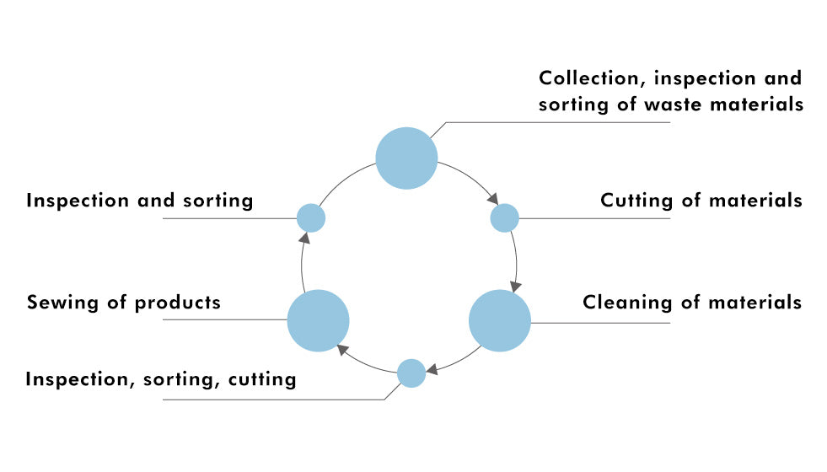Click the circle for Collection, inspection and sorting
pyautogui.click(x=406, y=158)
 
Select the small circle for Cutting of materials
pyautogui.click(x=504, y=218)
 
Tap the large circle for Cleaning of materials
pyautogui.click(x=499, y=320)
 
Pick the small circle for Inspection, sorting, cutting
pyautogui.click(x=411, y=373)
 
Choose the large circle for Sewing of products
pyautogui.click(x=318, y=320)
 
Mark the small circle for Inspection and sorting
pyautogui.click(x=311, y=218)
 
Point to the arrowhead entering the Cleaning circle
pyautogui.click(x=514, y=286)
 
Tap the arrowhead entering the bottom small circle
pyautogui.click(x=431, y=369)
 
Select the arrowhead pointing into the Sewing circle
pyautogui.click(x=341, y=347)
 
